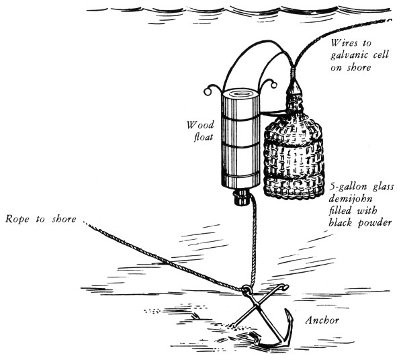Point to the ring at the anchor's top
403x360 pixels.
point(246,289)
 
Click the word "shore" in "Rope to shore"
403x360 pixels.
point(64,219)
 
